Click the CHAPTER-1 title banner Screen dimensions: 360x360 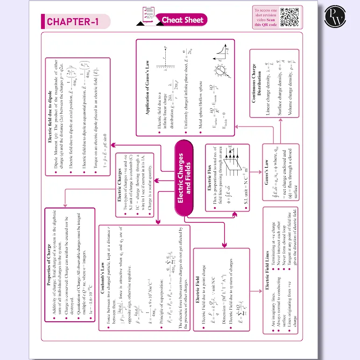[x=76, y=22]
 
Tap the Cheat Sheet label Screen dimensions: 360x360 [x=183, y=20]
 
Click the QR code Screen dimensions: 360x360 [x=290, y=17]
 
